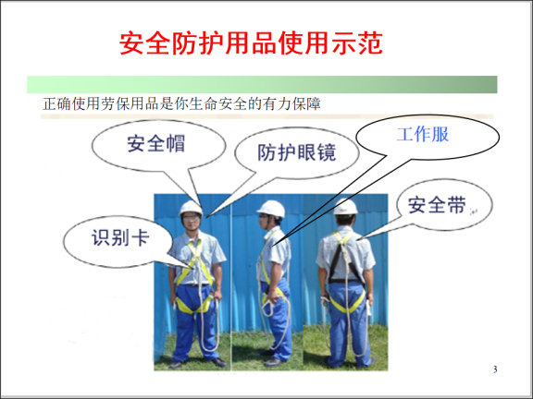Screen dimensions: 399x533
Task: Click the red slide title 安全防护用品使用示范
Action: (252, 44)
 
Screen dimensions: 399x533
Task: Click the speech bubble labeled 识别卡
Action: (118, 236)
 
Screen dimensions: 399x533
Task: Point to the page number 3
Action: (495, 370)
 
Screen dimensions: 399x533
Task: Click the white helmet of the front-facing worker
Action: (192, 207)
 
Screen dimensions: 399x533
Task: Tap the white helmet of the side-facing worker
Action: (271, 208)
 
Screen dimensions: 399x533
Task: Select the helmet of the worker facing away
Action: (345, 207)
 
